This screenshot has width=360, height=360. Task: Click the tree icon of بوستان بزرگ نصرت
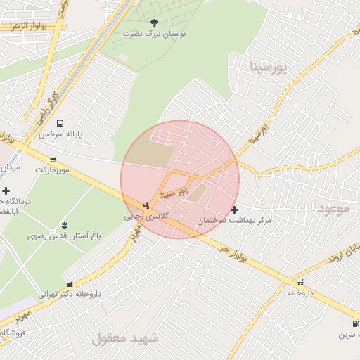pos(155,22)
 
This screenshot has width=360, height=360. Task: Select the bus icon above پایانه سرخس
pos(60,122)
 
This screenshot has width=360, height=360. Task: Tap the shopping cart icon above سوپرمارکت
pos(53,159)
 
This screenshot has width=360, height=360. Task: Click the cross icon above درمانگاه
pos(6,191)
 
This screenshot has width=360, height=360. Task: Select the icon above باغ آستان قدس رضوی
pos(64,225)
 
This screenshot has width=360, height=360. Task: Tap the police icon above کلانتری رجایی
pos(146,205)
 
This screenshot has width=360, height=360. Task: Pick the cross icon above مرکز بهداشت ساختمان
pos(234,210)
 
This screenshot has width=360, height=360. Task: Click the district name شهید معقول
pos(125,339)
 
